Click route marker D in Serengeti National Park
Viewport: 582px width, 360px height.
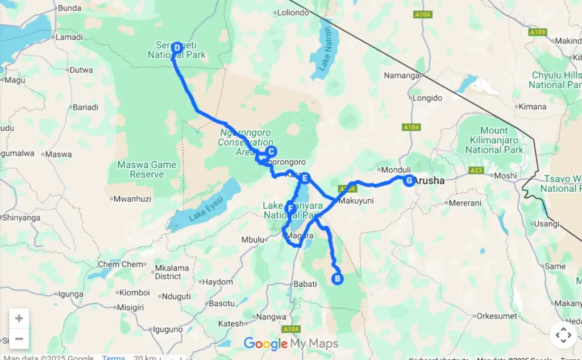tap(177, 48)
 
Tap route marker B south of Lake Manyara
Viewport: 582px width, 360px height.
tap(337, 279)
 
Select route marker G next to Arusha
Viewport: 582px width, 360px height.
tap(408, 181)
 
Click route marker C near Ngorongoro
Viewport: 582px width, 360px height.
tap(271, 151)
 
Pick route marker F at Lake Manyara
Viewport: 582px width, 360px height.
tap(290, 209)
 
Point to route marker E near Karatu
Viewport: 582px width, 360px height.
tap(305, 179)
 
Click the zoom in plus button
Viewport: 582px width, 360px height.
tap(19, 318)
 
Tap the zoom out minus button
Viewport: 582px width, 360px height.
tap(19, 339)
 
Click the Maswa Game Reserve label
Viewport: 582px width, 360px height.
tap(147, 169)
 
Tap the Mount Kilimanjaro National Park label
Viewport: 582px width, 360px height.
tap(494, 140)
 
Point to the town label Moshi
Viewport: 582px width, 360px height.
tap(505, 176)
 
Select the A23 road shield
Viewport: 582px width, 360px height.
tap(476, 170)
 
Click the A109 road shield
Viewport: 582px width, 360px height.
tap(537, 32)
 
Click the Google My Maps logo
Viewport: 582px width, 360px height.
tap(291, 344)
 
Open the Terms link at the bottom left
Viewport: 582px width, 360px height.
tap(113, 357)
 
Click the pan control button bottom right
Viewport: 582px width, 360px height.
tap(563, 335)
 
